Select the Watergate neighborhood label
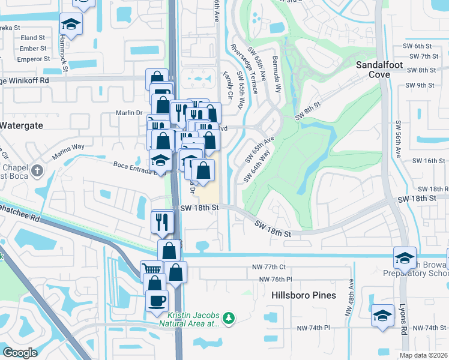(21, 125)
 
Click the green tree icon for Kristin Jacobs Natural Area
(228, 317)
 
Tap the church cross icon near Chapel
(37, 170)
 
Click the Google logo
(20, 353)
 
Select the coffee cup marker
(157, 300)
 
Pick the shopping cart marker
(152, 271)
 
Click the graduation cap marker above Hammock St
(71, 25)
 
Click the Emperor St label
(33, 59)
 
